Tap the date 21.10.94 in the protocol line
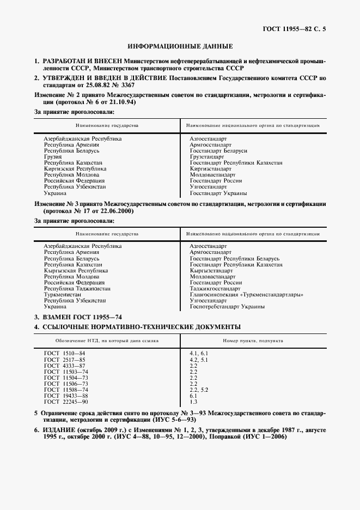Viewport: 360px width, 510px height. [x=121, y=102]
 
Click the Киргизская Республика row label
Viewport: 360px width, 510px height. [x=75, y=169]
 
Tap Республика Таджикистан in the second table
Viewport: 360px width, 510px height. [x=77, y=289]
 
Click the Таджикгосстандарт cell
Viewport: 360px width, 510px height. [x=216, y=289]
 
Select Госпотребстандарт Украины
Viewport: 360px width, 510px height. [x=227, y=307]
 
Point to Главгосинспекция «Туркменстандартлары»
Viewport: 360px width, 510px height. [x=246, y=295]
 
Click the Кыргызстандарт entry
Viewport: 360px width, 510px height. [x=211, y=271]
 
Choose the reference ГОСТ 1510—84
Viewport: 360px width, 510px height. [x=65, y=354]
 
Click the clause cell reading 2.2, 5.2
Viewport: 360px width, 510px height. [x=199, y=390]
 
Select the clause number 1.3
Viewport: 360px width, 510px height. [x=193, y=402]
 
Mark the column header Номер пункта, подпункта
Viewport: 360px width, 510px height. [x=253, y=340]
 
